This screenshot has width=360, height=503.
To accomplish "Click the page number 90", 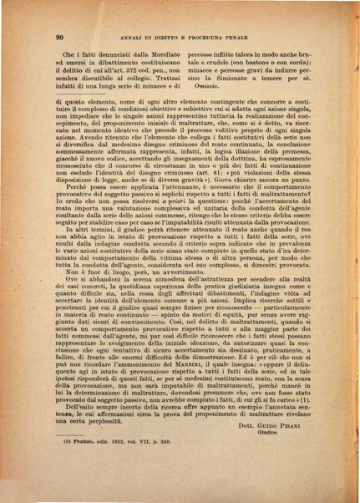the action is coord(60,38).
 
